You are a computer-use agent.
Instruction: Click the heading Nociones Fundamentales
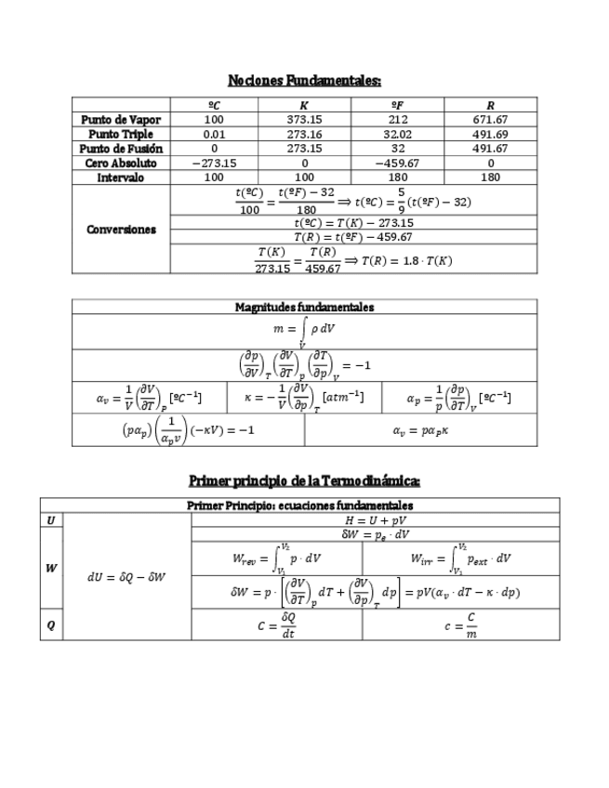click(x=304, y=80)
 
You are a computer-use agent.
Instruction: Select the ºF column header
click(x=397, y=105)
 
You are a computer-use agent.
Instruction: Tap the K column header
click(x=304, y=105)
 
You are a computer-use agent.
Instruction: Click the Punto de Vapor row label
click(x=121, y=120)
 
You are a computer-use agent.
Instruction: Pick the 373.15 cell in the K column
click(x=304, y=120)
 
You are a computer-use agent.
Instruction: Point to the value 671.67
click(x=490, y=120)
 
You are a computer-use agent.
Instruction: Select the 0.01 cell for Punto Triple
click(x=214, y=134)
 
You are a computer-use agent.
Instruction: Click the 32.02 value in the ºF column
click(x=397, y=134)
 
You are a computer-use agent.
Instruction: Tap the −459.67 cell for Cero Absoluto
click(x=397, y=163)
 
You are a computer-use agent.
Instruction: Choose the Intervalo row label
click(x=121, y=177)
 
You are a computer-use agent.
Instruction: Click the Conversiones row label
click(x=121, y=230)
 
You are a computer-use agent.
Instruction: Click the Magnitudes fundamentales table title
click(x=304, y=307)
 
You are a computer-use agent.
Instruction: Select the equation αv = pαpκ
click(x=420, y=430)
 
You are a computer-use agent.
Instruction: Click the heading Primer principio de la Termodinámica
click(x=304, y=480)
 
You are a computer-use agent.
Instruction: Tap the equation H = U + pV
click(x=375, y=520)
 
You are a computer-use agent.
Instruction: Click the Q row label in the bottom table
click(x=50, y=625)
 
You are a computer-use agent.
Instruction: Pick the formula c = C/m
click(x=460, y=625)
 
